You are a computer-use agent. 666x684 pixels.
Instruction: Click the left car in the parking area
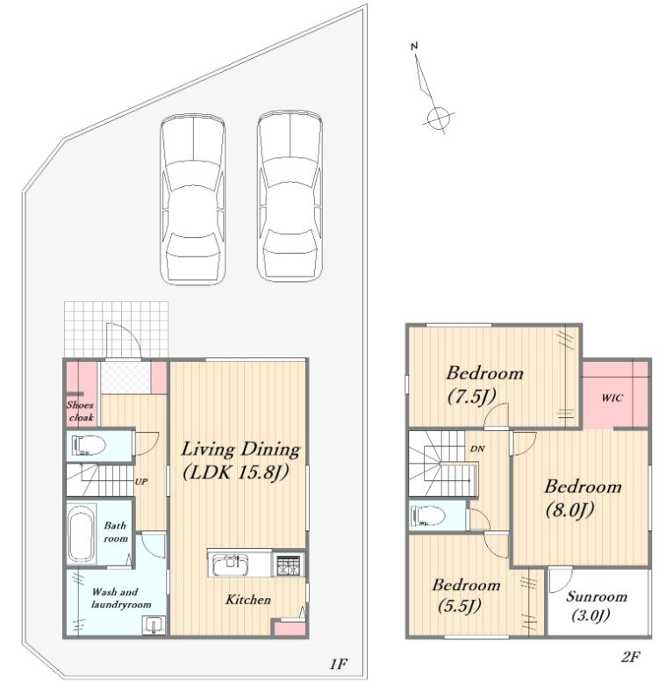click(x=193, y=199)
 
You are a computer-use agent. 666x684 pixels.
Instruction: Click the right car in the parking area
click(x=290, y=197)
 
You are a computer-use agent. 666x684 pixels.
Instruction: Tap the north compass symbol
click(x=433, y=90)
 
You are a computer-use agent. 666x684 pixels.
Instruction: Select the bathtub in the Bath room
click(x=81, y=534)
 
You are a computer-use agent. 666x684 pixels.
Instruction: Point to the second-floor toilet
click(x=428, y=515)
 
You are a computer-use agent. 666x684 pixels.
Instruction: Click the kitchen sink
click(x=230, y=565)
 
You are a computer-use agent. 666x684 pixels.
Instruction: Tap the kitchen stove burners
click(x=288, y=565)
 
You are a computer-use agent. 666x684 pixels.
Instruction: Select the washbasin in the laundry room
click(x=154, y=624)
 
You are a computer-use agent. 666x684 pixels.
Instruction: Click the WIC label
click(x=612, y=398)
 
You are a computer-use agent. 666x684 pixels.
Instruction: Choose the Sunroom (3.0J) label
click(x=596, y=606)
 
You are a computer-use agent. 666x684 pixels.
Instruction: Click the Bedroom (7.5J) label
click(x=484, y=385)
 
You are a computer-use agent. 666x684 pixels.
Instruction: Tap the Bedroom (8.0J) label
click(x=583, y=497)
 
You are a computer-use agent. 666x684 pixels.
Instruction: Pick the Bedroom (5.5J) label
click(x=466, y=594)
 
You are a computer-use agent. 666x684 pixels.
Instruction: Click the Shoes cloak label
click(x=80, y=411)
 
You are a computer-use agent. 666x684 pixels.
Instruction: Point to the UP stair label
click(x=140, y=481)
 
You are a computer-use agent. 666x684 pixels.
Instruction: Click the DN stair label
click(x=477, y=449)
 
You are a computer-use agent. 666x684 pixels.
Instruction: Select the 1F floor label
click(x=338, y=664)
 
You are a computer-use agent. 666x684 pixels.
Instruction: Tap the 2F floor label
click(x=630, y=657)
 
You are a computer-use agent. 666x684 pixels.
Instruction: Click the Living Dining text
click(x=240, y=450)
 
